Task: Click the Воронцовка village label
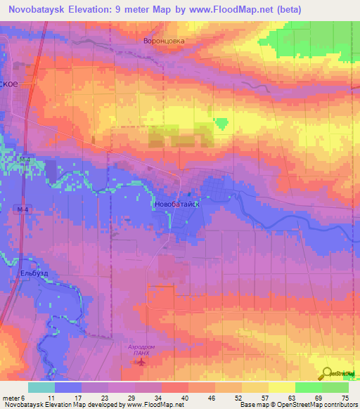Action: pyautogui.click(x=163, y=41)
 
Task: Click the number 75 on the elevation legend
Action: pyautogui.click(x=345, y=397)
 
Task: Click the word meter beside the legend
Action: pyautogui.click(x=11, y=397)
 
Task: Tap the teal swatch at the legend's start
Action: pyautogui.click(x=41, y=387)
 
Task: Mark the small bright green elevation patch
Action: pyautogui.click(x=222, y=124)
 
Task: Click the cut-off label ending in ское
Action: pyautogui.click(x=8, y=82)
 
